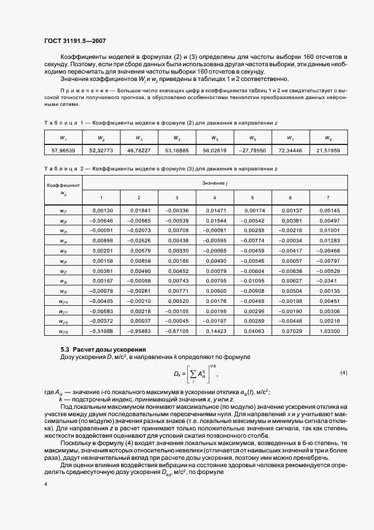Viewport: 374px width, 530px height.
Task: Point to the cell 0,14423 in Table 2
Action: click(x=214, y=331)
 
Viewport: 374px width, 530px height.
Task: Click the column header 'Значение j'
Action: click(x=214, y=183)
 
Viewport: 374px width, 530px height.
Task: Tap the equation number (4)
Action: click(x=343, y=373)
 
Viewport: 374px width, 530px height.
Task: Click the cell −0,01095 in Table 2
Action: click(x=253, y=281)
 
